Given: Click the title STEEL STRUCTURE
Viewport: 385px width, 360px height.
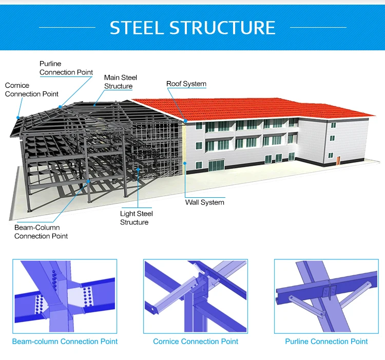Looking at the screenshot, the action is pyautogui.click(x=192, y=27).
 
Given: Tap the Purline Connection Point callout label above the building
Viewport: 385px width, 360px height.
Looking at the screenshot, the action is pyautogui.click(x=66, y=68).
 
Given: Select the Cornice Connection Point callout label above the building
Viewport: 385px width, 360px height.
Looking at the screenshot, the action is pyautogui.click(x=31, y=89).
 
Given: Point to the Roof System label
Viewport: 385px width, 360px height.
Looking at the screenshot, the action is pyautogui.click(x=186, y=84).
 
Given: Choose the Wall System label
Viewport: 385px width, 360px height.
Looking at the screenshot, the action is pyautogui.click(x=204, y=202).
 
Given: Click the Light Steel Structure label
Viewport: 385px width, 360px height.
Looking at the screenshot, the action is pyautogui.click(x=136, y=218).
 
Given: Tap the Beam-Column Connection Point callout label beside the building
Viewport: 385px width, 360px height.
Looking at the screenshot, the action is pyautogui.click(x=41, y=232).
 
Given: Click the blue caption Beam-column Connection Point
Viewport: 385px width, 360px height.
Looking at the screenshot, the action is pyautogui.click(x=65, y=342).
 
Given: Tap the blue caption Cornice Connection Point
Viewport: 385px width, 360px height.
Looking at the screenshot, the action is pyautogui.click(x=196, y=342).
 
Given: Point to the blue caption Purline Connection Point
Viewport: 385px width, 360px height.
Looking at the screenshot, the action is pyautogui.click(x=326, y=342).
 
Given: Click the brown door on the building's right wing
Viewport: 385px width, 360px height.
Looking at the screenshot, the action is pyautogui.click(x=339, y=160).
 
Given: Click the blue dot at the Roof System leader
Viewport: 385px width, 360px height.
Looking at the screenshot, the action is pyautogui.click(x=186, y=122).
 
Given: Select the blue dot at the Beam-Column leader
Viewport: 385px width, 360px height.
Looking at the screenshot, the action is pyautogui.click(x=89, y=181).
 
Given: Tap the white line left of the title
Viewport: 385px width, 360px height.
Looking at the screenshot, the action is pyautogui.click(x=67, y=27).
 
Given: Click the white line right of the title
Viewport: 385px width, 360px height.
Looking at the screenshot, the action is pyautogui.click(x=318, y=27).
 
